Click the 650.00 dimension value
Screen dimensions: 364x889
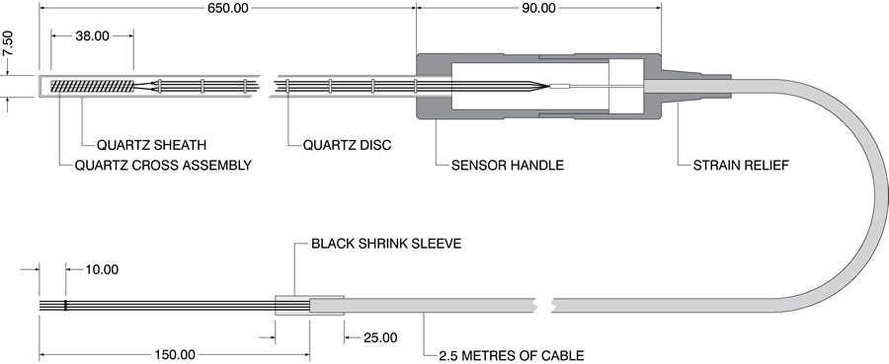click(227, 8)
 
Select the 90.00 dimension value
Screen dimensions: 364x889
click(535, 8)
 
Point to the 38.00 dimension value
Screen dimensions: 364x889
click(92, 36)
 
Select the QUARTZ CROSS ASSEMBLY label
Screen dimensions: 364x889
click(162, 165)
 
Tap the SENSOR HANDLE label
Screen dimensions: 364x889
click(508, 165)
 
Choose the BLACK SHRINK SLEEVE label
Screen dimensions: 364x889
click(386, 243)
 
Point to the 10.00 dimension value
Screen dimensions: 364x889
click(96, 269)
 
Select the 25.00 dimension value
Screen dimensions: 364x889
click(380, 337)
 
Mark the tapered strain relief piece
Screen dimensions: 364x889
click(691, 85)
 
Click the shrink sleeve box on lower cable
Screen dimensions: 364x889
click(292, 306)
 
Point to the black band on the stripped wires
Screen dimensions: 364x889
click(66, 306)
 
